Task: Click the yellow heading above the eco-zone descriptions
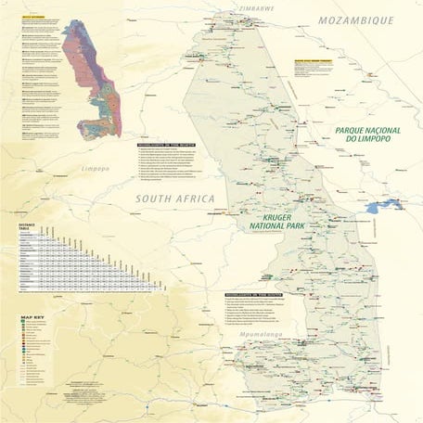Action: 29,18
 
